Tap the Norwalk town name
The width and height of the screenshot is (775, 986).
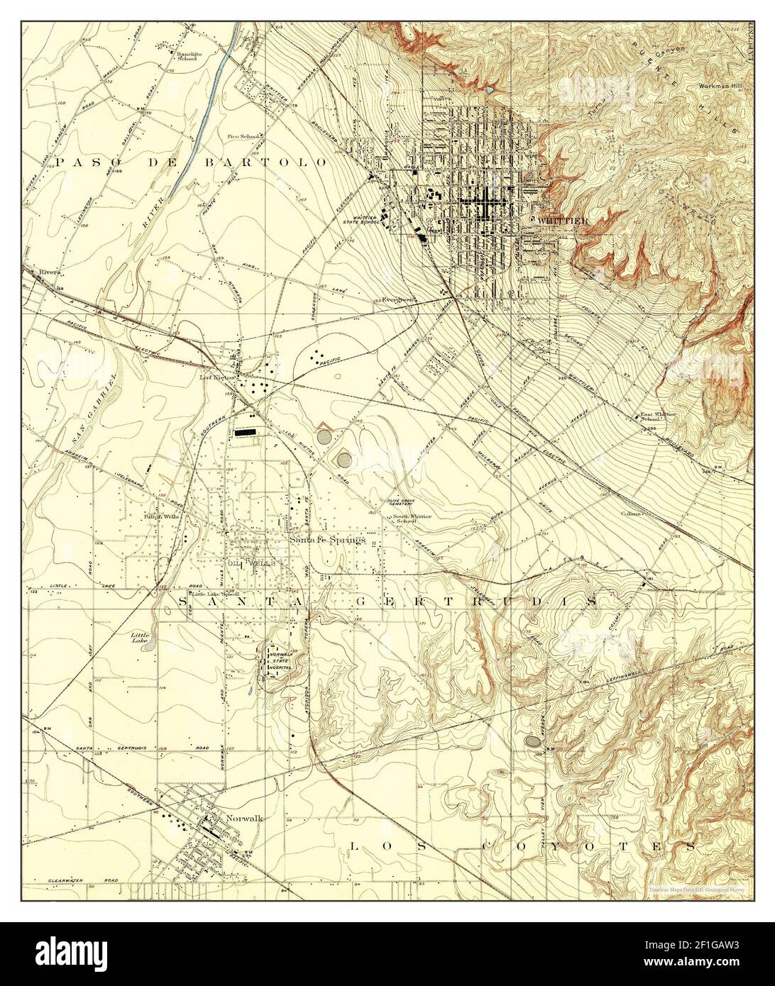(244, 818)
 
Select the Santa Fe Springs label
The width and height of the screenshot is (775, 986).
(328, 540)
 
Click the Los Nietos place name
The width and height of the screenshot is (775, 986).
(216, 378)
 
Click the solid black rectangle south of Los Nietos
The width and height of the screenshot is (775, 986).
(245, 431)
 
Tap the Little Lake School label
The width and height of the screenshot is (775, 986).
(213, 594)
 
